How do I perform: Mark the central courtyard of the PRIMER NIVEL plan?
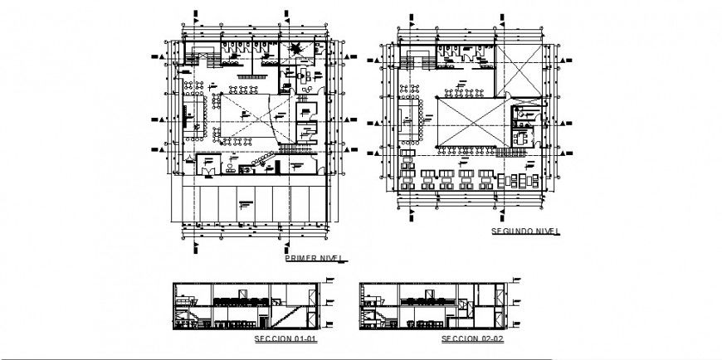click(246, 120)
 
